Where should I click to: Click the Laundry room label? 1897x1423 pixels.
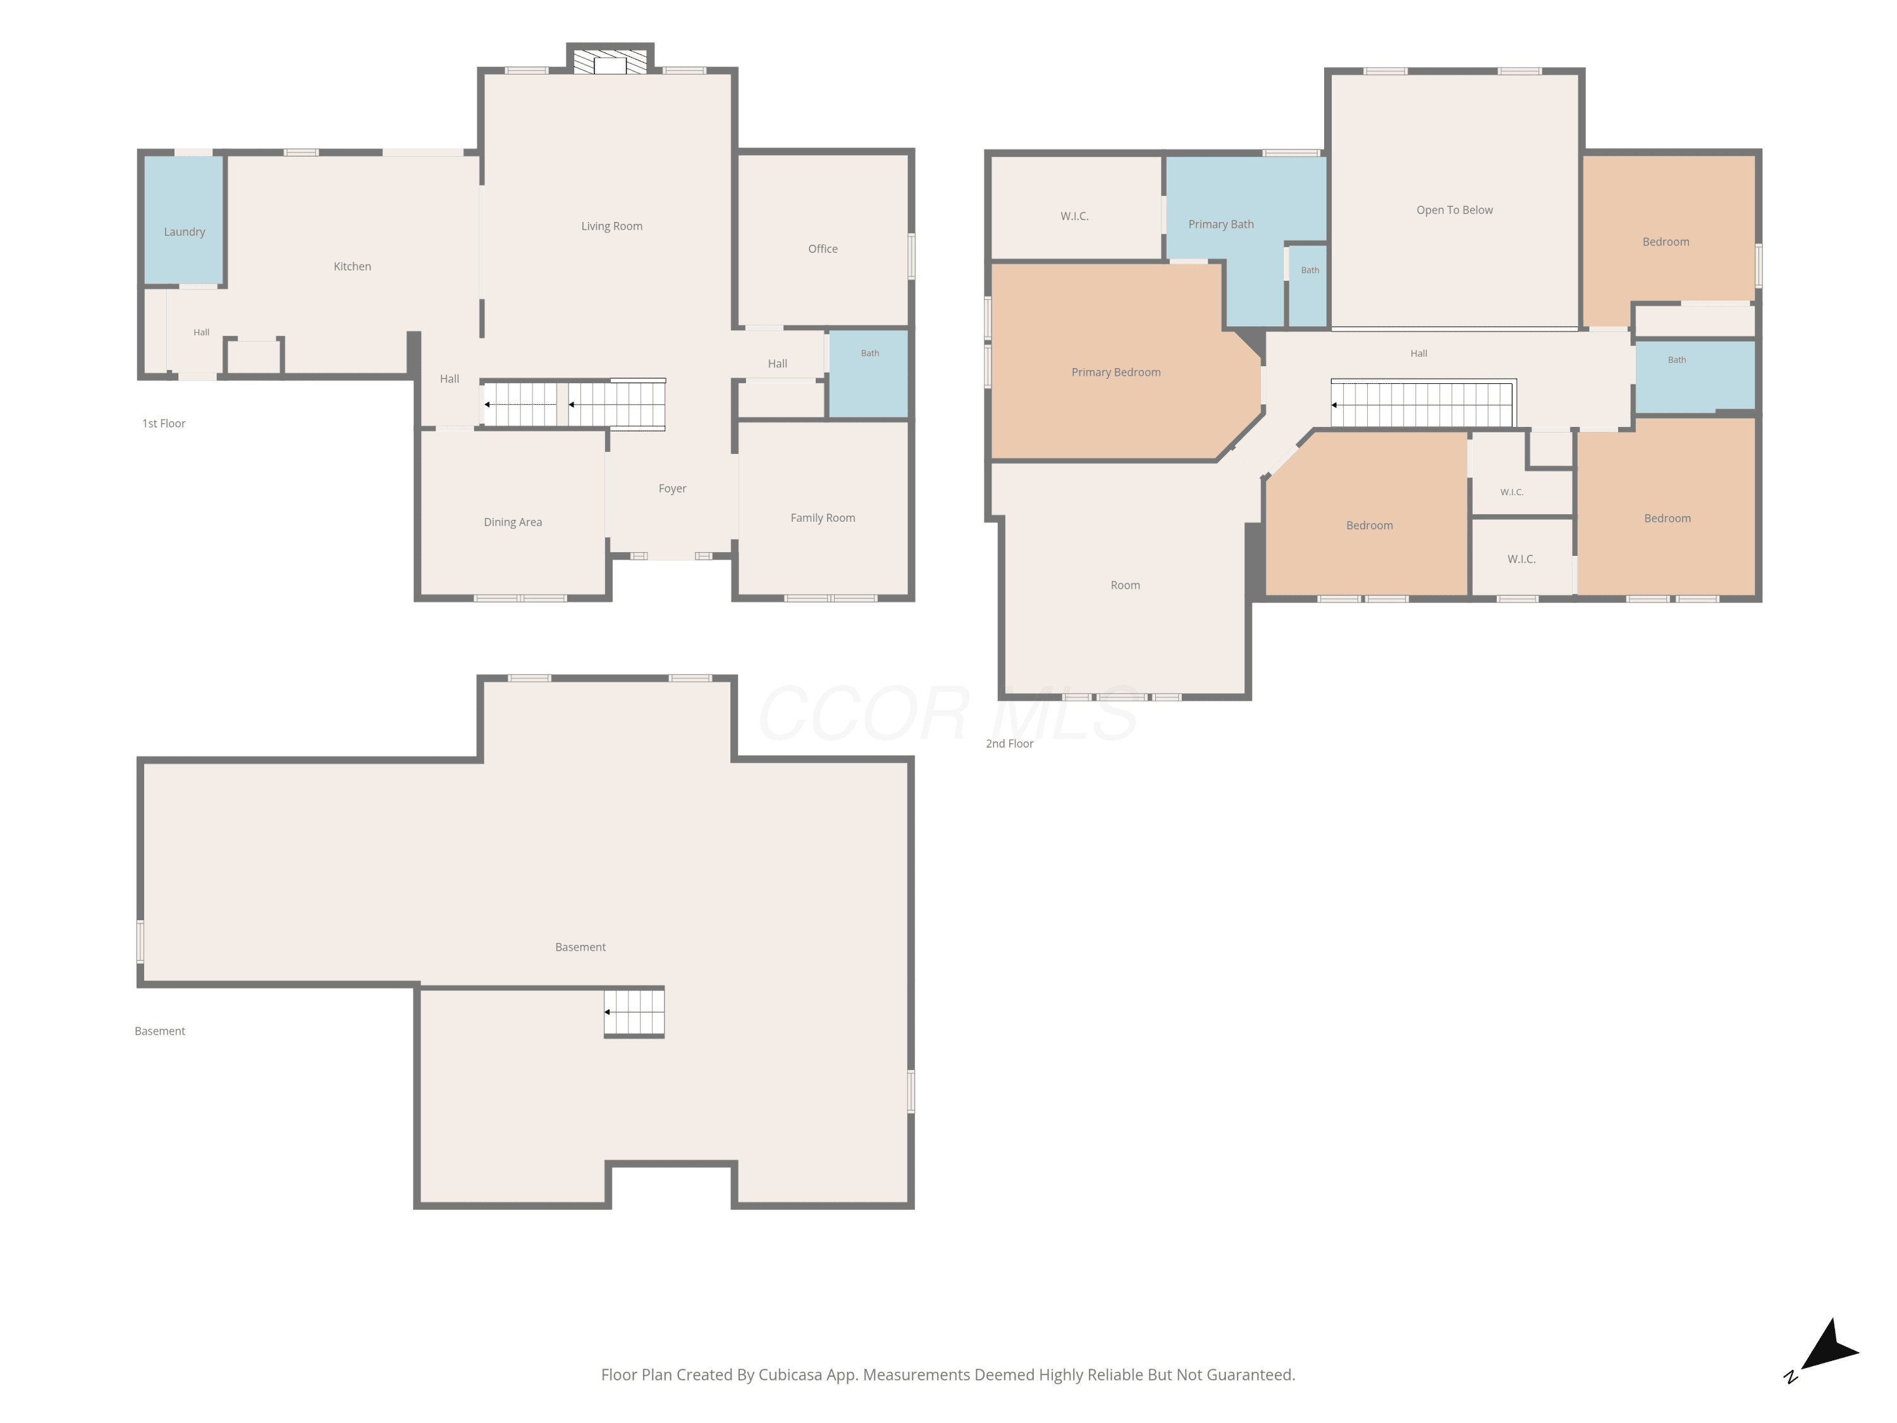[185, 231]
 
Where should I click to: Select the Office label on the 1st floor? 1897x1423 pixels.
[823, 249]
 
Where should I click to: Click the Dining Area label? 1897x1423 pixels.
[513, 522]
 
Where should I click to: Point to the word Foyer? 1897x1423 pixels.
[672, 489]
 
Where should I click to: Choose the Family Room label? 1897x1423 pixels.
[823, 518]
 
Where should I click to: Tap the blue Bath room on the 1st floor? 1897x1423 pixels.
[869, 374]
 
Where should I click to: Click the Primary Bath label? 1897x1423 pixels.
[1220, 225]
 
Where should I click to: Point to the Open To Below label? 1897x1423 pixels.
[1454, 210]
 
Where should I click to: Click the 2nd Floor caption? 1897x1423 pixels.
[1009, 744]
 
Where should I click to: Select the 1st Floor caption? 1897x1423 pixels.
[164, 424]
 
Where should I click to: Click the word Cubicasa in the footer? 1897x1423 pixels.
[790, 1375]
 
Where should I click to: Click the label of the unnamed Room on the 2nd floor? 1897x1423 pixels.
[1125, 586]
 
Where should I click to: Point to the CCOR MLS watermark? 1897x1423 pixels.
[948, 713]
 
